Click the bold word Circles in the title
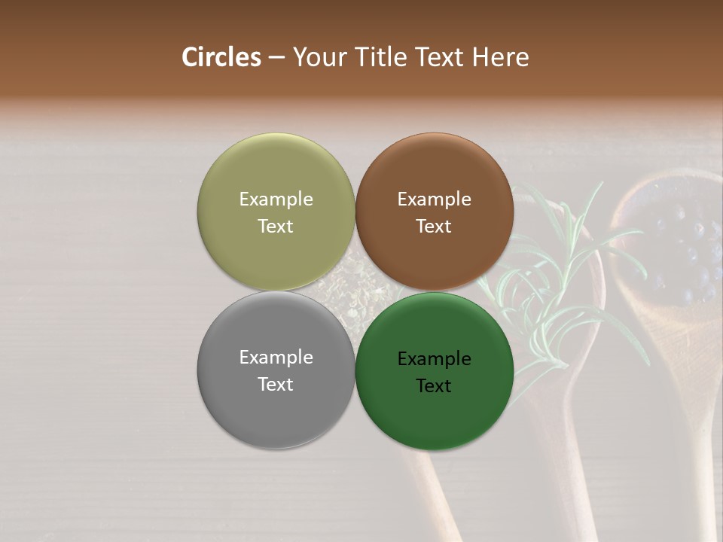coord(221,57)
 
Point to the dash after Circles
coord(276,58)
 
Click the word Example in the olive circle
coord(276,199)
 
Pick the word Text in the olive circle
coord(276,227)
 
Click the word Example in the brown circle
coord(434,199)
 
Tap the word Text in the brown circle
coord(434,227)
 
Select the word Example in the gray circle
coord(276,358)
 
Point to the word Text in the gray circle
coord(276,385)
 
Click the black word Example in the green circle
coord(434,359)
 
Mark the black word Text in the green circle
coord(434,386)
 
